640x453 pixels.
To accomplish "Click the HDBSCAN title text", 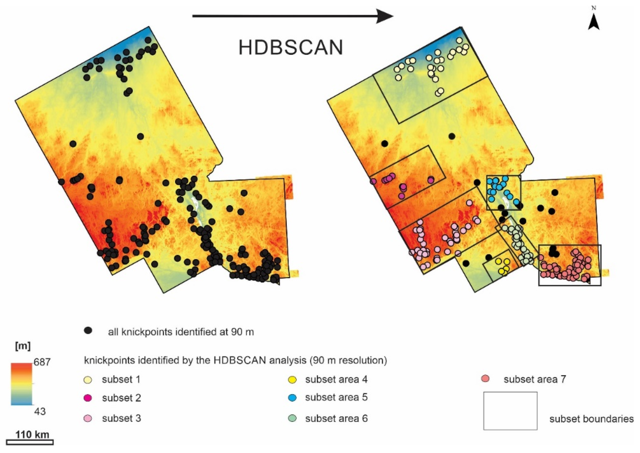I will click(291, 48).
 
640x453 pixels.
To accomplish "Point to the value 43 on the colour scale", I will click(40, 411).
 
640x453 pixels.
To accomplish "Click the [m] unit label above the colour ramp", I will click(22, 346).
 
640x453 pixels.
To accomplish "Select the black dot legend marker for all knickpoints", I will click(88, 331).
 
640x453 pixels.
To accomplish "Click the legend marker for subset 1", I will click(88, 380).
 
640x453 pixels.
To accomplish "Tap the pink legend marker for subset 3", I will click(88, 419).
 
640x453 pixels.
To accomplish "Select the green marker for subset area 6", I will click(292, 418).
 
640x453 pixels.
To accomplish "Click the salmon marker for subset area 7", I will click(485, 379).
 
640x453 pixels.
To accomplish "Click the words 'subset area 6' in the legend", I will click(336, 418).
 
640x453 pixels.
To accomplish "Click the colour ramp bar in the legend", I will click(21, 384).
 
